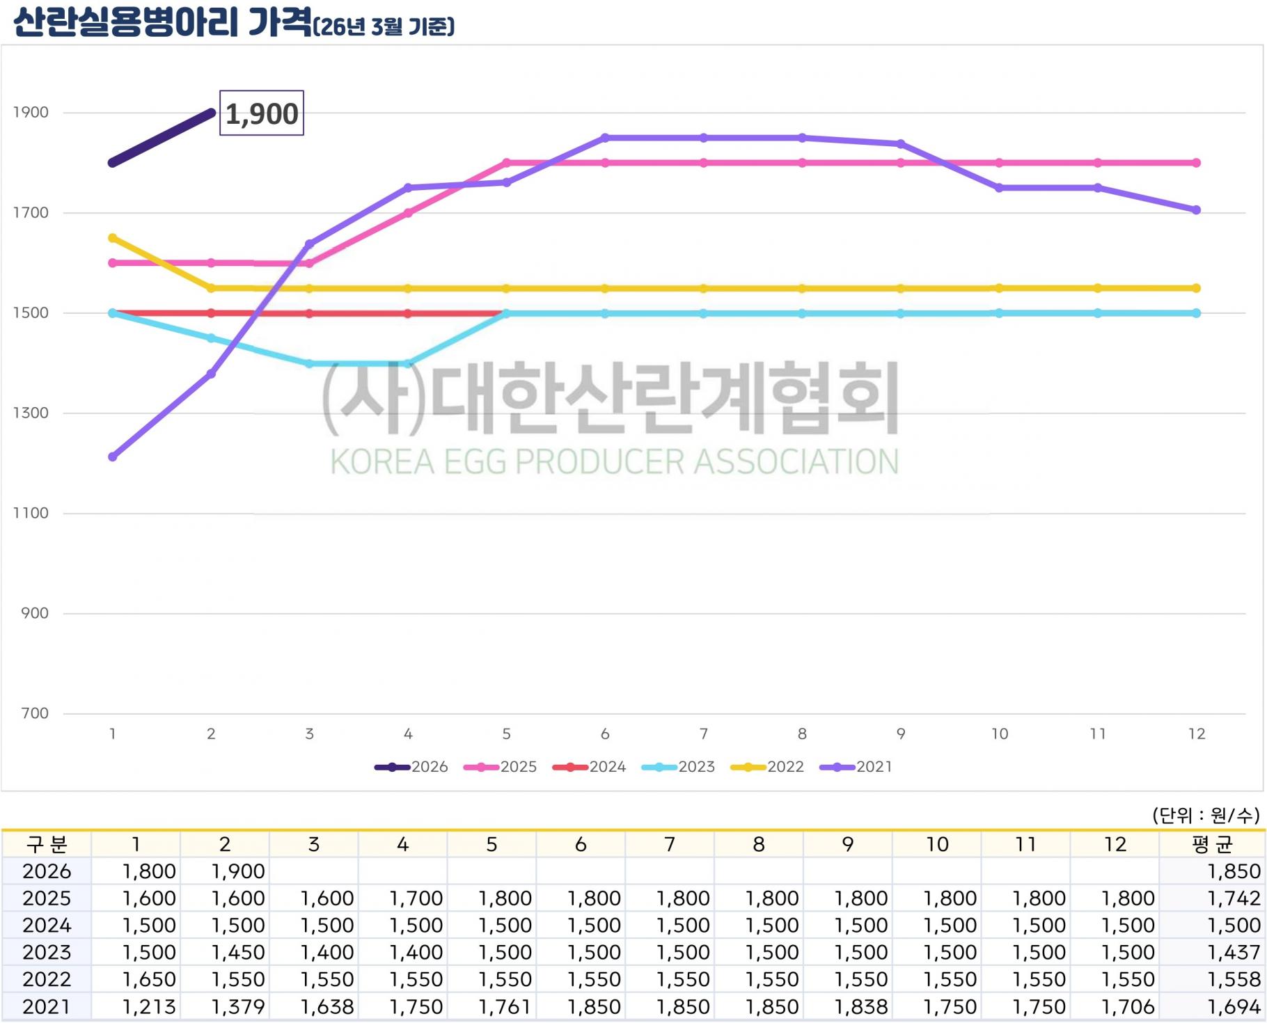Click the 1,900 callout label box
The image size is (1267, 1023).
coord(262,113)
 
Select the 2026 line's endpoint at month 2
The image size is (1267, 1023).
coord(211,112)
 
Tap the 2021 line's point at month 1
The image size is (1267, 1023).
coord(113,457)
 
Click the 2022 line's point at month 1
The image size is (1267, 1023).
coord(113,238)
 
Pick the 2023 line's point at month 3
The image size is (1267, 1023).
coord(310,363)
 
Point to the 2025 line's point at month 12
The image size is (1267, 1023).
coord(1196,163)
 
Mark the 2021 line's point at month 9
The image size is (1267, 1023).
coord(901,144)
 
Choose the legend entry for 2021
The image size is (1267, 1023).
coord(856,767)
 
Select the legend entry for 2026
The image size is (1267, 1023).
coord(411,767)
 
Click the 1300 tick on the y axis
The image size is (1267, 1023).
coord(31,413)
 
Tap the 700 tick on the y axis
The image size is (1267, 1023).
coord(35,713)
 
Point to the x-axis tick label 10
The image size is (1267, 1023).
coord(1000,733)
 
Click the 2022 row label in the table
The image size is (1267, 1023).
coord(47,980)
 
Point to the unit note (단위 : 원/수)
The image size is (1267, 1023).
coord(1206,815)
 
